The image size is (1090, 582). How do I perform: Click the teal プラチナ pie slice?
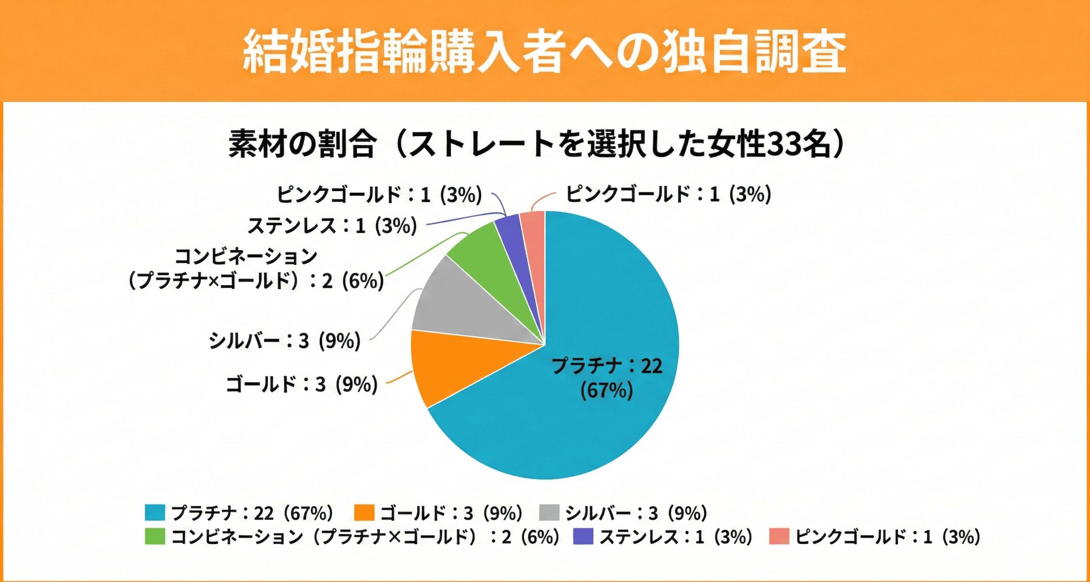(596, 426)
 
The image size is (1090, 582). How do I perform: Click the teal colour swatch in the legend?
(155, 513)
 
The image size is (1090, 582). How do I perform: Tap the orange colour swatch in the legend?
(364, 513)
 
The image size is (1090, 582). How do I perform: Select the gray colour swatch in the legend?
(549, 513)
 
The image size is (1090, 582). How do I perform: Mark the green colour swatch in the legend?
(155, 536)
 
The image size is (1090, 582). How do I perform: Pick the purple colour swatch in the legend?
(583, 536)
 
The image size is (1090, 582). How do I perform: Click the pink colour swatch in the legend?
(779, 536)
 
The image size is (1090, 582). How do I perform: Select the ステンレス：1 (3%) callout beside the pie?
(332, 226)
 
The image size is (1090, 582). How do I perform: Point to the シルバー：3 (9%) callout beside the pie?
(284, 341)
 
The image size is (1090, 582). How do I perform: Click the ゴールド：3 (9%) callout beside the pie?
(301, 384)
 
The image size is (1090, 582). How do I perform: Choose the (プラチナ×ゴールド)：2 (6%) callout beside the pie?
(255, 281)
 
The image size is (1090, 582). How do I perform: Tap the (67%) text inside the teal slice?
(607, 390)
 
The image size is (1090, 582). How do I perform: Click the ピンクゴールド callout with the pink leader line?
(668, 195)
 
